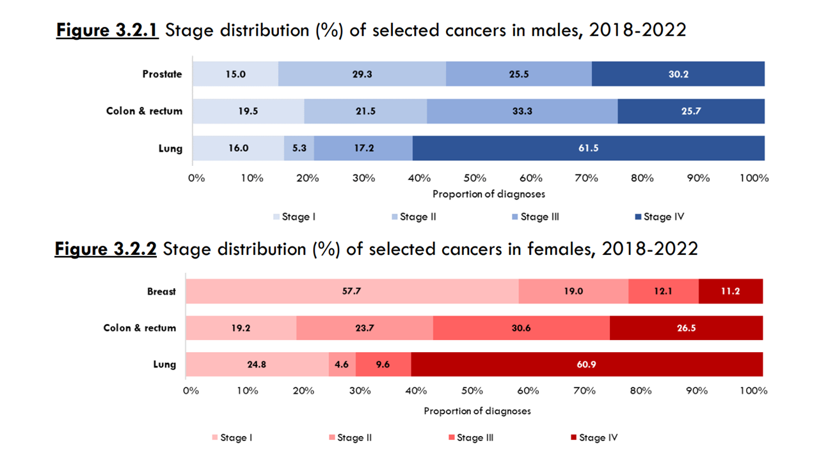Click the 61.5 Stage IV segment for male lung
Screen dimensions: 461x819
coord(589,148)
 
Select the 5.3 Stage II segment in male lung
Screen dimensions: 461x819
coord(299,148)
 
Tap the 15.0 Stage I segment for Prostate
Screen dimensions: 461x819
coord(235,74)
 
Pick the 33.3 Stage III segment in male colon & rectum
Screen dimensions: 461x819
coord(522,111)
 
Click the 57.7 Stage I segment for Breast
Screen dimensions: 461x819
coord(352,291)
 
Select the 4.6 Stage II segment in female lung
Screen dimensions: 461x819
coord(342,364)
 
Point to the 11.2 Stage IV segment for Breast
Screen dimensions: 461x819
coord(731,291)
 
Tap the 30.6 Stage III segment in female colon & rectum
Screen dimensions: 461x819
coord(521,328)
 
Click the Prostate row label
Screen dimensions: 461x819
coord(162,74)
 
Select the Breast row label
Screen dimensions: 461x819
coord(161,291)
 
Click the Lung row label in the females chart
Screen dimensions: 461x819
coord(164,364)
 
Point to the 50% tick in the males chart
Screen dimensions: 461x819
coord(475,178)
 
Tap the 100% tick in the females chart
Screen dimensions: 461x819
coord(753,390)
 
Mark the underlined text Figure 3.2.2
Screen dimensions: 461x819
coord(106,248)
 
